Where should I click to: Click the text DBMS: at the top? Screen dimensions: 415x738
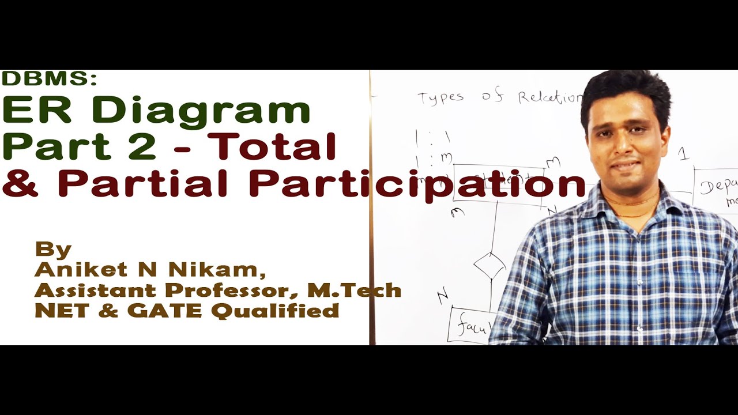(x=49, y=80)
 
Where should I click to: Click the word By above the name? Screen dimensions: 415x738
(x=53, y=250)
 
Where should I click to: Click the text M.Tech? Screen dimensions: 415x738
(x=355, y=290)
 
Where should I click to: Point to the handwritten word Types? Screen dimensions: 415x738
(x=441, y=99)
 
